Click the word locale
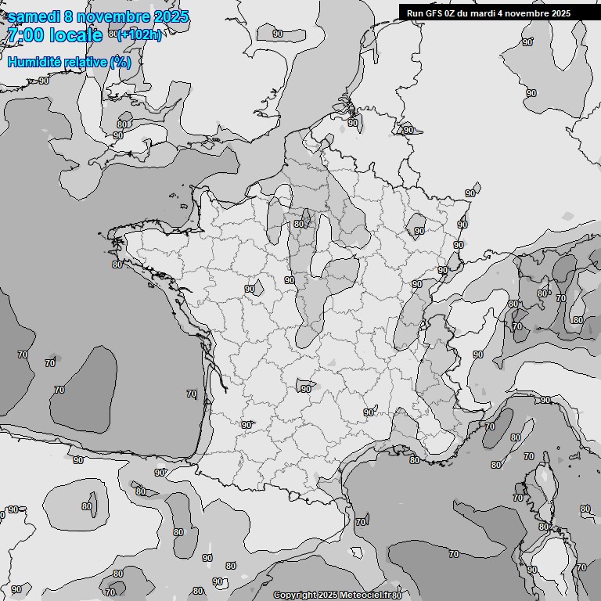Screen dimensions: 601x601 (76, 35)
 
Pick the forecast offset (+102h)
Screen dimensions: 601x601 (139, 35)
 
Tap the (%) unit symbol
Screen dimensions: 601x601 (121, 62)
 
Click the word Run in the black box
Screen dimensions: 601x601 (415, 13)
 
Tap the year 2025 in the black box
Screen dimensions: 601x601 (560, 13)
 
